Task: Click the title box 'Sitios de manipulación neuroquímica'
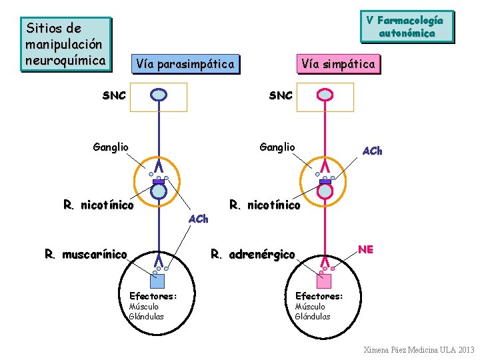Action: [x=65, y=45]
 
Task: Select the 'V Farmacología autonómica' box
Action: [x=407, y=27]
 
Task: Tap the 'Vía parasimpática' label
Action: [x=185, y=64]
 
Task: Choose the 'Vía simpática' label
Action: [x=338, y=64]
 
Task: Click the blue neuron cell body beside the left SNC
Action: [x=159, y=95]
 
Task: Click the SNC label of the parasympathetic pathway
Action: [x=114, y=95]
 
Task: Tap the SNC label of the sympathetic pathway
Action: [x=281, y=95]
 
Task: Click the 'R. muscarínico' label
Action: [x=85, y=254]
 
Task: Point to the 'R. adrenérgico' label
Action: [x=252, y=254]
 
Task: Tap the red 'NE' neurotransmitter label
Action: [x=365, y=249]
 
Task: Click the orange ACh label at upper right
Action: [x=372, y=151]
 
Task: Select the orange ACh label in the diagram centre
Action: [x=199, y=219]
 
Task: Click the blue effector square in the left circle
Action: [x=157, y=281]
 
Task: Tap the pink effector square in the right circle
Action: [x=325, y=281]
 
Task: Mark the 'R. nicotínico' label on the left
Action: [x=99, y=205]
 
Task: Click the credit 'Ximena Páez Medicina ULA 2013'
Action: [x=419, y=349]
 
